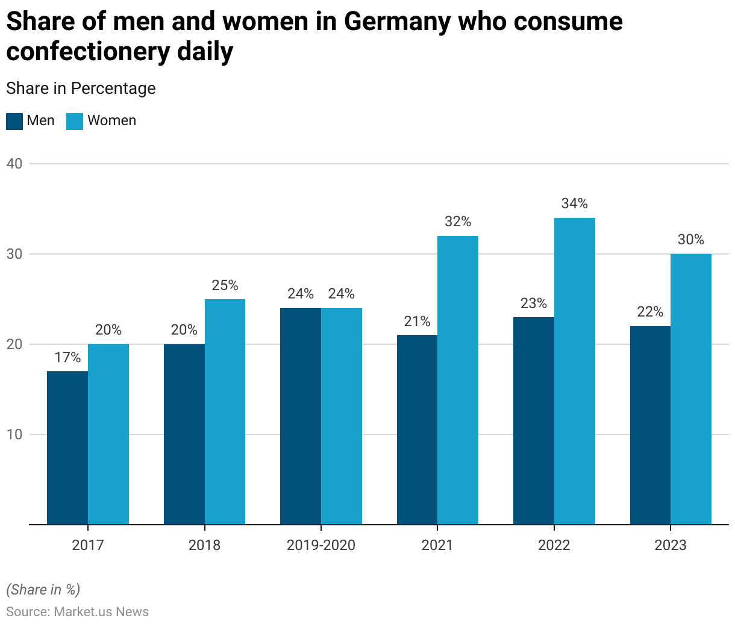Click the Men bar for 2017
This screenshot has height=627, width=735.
coord(67,448)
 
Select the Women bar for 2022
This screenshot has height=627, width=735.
coord(575,371)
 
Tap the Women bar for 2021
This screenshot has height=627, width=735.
coord(458,380)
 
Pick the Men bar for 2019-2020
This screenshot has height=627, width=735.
coord(301,416)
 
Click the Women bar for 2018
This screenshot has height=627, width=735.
coord(225,412)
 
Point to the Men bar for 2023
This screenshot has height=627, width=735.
coord(650,425)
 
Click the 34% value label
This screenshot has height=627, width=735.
coord(574,203)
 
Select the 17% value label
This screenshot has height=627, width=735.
coord(67,357)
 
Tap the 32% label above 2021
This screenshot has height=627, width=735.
coord(458,221)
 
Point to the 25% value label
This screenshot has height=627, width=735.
coord(225,285)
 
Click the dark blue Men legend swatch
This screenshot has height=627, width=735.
coord(14,121)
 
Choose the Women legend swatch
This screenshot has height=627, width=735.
coord(75,121)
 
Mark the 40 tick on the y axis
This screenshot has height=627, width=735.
coord(14,164)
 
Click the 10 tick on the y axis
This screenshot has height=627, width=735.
coord(14,434)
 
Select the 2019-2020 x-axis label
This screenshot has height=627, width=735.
coord(321,545)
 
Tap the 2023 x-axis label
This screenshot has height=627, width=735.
coord(671,545)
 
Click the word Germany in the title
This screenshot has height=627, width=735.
coord(397,22)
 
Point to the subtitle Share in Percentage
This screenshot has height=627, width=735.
coord(81,88)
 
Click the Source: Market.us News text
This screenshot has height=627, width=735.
coord(77,612)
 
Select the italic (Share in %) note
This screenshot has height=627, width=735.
coord(43,590)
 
